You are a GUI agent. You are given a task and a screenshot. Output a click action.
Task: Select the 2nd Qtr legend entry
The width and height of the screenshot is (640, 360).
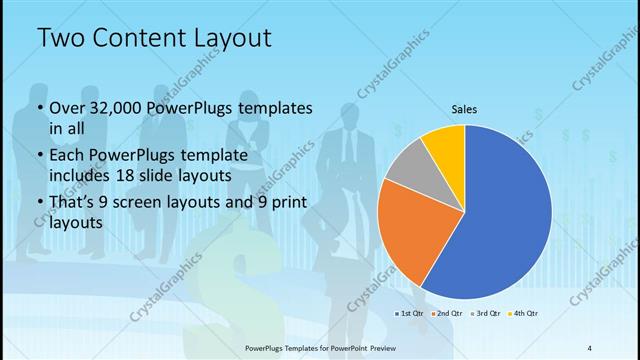[445, 314]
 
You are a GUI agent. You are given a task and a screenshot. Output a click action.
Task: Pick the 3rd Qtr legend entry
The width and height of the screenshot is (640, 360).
[481, 314]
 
